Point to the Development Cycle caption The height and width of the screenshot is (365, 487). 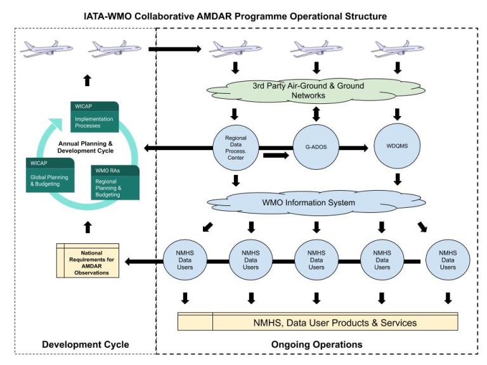[x=86, y=345]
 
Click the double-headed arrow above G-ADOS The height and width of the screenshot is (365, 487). [x=316, y=115]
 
